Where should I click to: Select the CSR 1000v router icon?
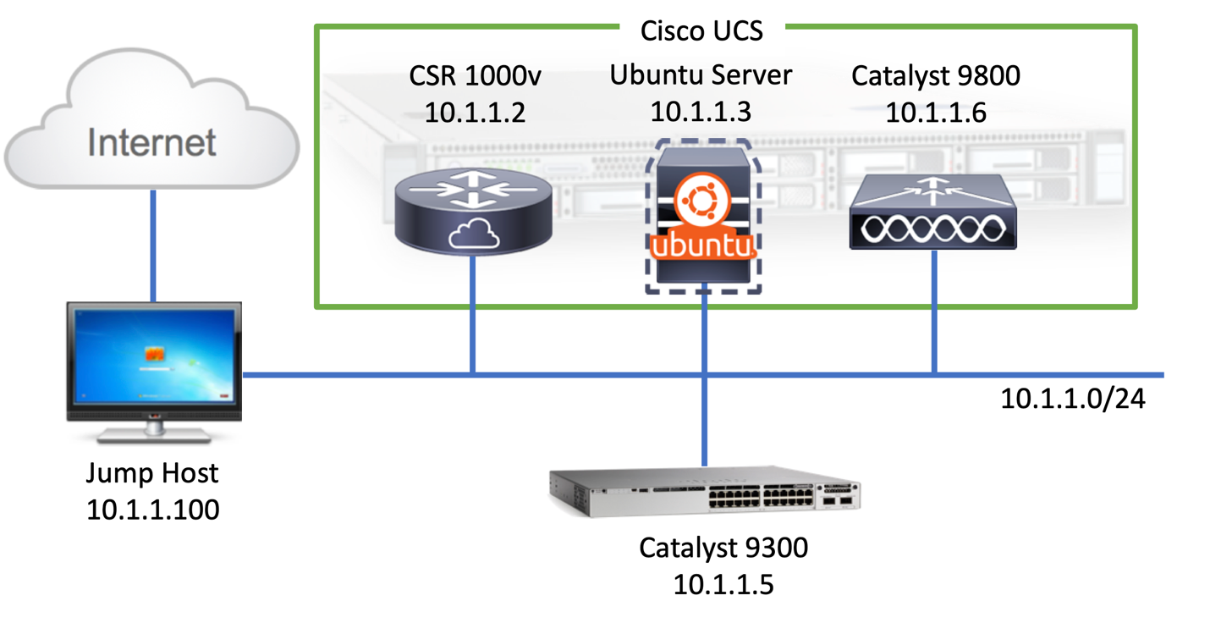coord(471,212)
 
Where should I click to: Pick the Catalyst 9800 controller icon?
coord(932,212)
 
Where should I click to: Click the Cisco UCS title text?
coord(701,30)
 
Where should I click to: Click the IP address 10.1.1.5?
coord(723,584)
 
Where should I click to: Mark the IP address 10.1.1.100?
coord(153,509)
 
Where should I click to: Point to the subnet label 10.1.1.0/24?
coord(1073,398)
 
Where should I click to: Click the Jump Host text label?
coord(153,472)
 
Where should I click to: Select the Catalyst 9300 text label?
coord(723,548)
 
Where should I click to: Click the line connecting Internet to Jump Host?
coord(153,245)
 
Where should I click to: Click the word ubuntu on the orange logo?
coord(701,248)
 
